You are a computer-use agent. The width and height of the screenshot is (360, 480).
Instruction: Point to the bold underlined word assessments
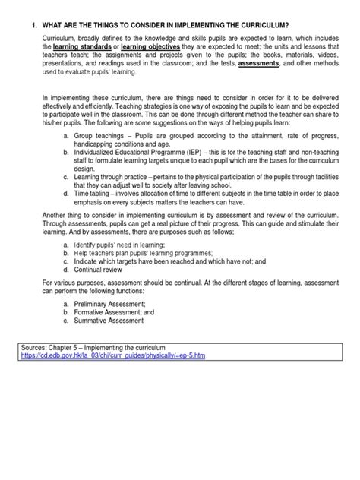point(260,65)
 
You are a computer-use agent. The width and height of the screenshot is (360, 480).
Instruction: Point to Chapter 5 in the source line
point(74,368)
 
